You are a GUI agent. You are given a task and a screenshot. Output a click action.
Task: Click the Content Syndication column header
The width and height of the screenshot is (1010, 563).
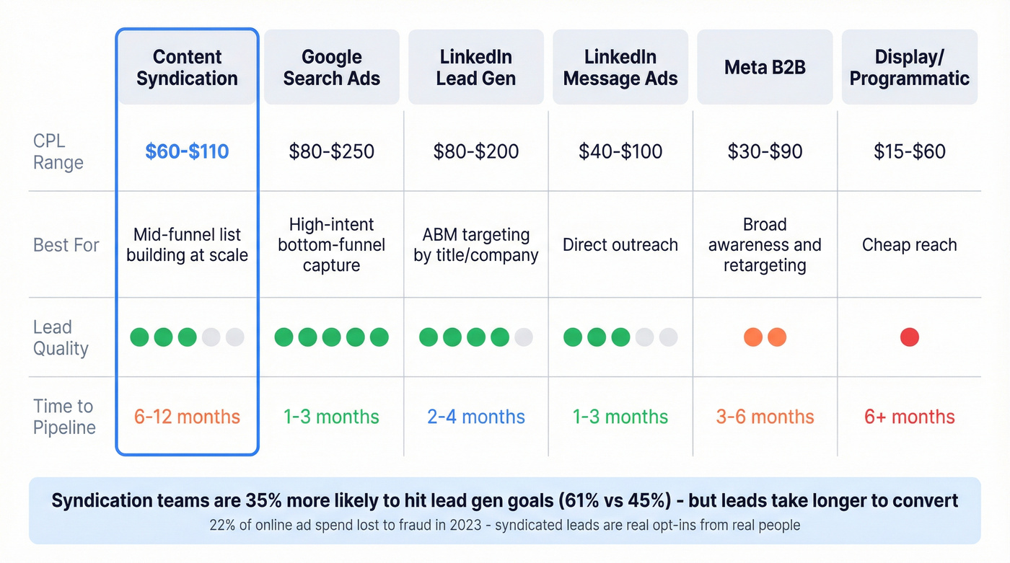(187, 68)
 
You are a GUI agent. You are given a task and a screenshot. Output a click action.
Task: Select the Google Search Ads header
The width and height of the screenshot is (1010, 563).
(331, 68)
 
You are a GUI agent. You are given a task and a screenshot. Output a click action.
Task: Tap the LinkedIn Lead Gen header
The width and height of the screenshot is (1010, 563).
(475, 68)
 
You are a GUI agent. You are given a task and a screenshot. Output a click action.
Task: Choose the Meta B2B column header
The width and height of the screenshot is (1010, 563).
(765, 68)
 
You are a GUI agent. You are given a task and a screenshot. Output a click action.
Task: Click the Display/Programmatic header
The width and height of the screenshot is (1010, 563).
(909, 68)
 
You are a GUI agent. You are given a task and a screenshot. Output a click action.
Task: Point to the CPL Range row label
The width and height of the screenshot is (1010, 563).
(58, 151)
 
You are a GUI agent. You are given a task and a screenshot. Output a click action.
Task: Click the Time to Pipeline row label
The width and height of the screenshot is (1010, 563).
(64, 417)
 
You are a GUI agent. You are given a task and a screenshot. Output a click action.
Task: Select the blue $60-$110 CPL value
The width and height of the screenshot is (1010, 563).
(187, 151)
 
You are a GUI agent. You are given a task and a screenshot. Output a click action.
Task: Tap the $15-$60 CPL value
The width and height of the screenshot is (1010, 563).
(909, 151)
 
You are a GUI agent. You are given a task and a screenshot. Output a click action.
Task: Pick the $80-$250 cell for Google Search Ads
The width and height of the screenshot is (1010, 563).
(331, 151)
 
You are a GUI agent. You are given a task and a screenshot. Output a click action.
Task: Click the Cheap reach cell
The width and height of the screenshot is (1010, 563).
(909, 245)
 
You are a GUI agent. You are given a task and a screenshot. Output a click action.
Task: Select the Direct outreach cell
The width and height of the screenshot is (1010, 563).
(620, 245)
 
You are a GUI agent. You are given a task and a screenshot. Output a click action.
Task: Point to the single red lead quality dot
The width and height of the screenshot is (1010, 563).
(909, 337)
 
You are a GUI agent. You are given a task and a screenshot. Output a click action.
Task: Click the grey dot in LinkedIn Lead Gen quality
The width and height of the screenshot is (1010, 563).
(524, 337)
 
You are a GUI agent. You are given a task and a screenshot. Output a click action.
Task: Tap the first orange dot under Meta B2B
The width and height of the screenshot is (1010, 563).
(753, 337)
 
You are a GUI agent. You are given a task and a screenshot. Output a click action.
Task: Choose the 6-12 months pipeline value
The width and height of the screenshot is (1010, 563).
(187, 417)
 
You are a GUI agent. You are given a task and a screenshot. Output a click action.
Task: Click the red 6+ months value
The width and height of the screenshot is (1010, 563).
(909, 417)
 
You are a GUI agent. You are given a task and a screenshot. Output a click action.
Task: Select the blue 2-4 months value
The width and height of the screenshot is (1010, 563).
(475, 417)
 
